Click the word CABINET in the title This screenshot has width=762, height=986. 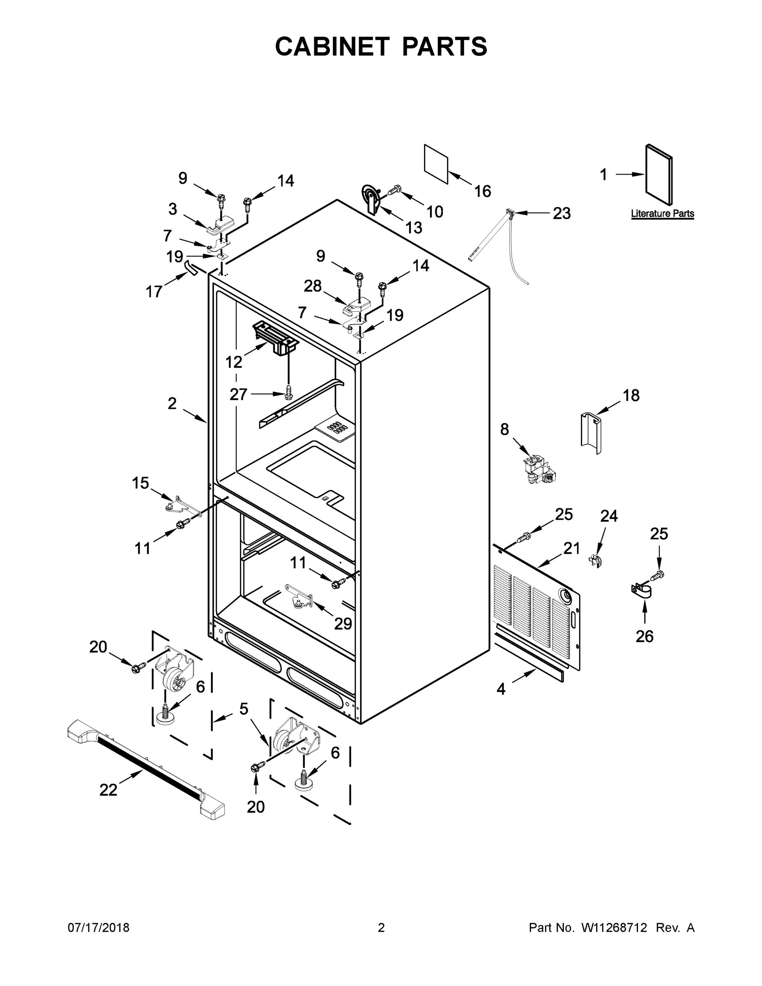332,46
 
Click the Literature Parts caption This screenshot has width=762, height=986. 662,214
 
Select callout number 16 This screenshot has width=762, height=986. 483,191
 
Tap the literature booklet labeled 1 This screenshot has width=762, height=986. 658,174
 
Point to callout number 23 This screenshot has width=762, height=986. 562,213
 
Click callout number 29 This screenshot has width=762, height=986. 343,624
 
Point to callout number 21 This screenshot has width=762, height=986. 571,548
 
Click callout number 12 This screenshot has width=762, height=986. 234,362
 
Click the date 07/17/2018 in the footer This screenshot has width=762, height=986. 99,927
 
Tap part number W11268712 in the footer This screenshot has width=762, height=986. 615,927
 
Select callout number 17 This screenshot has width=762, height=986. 154,292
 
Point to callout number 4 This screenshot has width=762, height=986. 501,689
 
